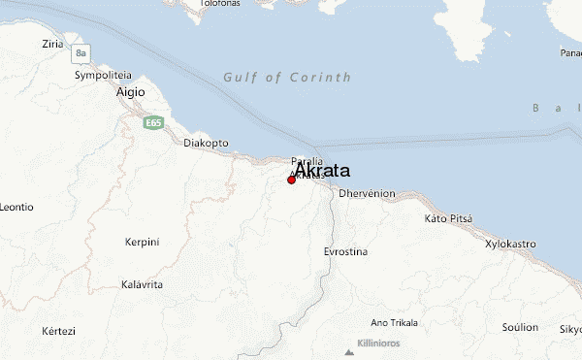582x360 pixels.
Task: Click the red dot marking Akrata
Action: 291,180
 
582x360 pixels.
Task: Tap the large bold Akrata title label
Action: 322,170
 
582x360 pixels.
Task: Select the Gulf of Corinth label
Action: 286,77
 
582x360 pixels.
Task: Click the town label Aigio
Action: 131,92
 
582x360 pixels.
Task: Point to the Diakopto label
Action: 206,143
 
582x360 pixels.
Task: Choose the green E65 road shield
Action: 152,123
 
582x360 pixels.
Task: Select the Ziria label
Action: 53,45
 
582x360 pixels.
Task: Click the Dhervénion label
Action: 367,193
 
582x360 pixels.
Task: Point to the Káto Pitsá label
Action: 448,218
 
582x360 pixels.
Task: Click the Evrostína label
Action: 345,251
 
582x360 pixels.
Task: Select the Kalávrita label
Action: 142,284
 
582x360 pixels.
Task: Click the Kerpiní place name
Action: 142,241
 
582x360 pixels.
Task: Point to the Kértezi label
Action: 58,331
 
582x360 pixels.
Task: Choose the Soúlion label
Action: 520,327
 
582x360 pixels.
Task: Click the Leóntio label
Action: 16,207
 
